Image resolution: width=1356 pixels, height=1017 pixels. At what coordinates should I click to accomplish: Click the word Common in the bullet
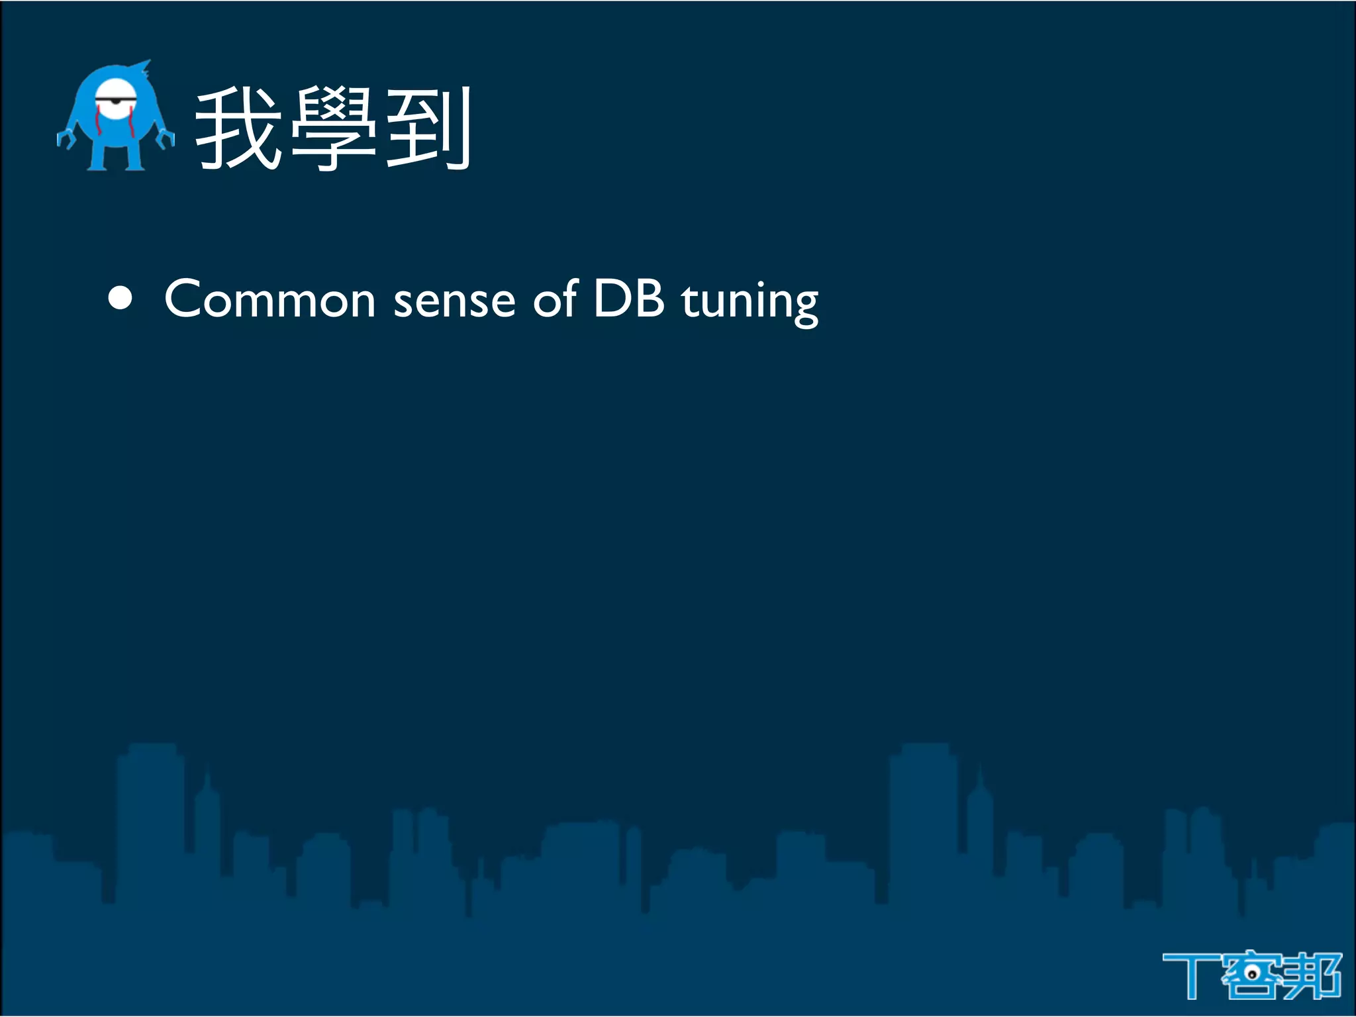[x=269, y=299]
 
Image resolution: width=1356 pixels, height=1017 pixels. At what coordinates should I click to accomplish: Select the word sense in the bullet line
[x=454, y=301]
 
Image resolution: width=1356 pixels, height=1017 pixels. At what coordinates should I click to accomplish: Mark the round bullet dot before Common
[x=121, y=299]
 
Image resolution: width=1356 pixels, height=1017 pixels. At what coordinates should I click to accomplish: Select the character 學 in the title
[x=333, y=129]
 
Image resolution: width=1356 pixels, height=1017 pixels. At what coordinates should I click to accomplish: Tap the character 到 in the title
[x=428, y=129]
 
